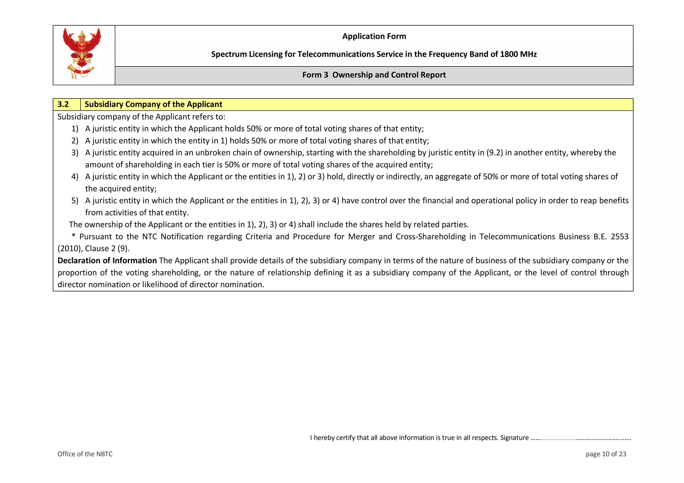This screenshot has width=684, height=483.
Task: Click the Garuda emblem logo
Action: [82, 53]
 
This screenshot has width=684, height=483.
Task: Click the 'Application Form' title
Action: [374, 36]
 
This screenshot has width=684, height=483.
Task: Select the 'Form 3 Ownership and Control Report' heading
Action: [374, 75]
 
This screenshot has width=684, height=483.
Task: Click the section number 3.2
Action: [63, 104]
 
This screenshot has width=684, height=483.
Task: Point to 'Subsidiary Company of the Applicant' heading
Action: [153, 104]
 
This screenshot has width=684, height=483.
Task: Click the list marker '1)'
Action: [75, 129]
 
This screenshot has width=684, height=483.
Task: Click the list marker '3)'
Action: [75, 153]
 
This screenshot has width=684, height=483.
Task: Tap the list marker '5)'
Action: [75, 201]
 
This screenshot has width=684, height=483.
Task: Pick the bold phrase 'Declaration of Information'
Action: [107, 261]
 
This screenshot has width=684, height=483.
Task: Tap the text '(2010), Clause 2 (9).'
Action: [94, 249]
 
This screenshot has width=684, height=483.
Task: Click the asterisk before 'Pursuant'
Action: [73, 236]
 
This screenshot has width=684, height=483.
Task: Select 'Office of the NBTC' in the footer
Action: [85, 454]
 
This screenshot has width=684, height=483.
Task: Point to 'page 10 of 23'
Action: [606, 454]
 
